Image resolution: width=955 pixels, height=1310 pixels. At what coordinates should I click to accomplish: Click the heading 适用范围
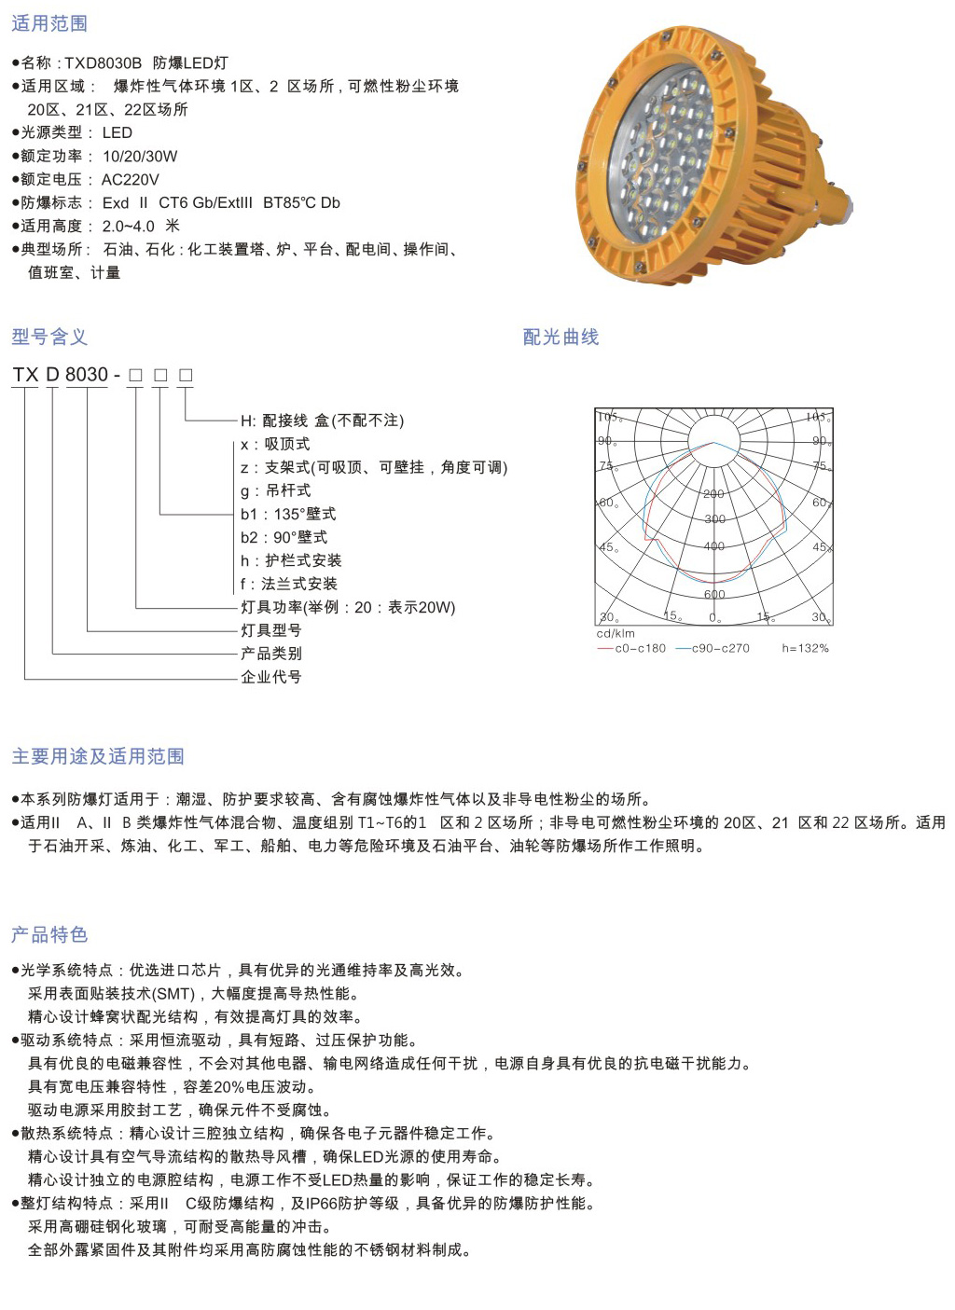pos(49,23)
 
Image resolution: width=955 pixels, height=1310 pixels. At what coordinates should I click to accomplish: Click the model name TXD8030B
pos(103,63)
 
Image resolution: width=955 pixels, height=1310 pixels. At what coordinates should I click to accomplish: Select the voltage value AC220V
pos(130,180)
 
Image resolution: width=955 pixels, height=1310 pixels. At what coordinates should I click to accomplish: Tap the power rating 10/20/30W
pos(139,157)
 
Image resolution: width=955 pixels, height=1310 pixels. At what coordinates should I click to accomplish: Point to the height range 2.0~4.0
pos(128,227)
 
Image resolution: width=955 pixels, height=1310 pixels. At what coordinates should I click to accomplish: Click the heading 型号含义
pos(49,337)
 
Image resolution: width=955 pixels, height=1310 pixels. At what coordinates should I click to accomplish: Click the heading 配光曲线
pos(561,337)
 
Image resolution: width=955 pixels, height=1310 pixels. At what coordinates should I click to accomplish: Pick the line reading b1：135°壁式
pos(288,514)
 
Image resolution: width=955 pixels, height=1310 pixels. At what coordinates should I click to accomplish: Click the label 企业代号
pos(271,677)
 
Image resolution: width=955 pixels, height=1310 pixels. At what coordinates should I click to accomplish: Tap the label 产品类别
pos(271,654)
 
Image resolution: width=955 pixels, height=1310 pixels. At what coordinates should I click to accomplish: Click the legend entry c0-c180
pos(640,648)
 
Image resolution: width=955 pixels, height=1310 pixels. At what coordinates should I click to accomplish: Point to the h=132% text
pos(805,648)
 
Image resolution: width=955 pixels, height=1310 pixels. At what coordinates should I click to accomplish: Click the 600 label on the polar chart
pos(714,594)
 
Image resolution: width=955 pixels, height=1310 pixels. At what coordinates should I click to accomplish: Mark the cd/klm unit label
pos(616,634)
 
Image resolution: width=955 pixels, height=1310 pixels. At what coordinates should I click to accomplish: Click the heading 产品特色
pos(49,934)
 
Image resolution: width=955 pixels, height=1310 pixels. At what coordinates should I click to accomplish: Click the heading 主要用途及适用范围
pos(98,756)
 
